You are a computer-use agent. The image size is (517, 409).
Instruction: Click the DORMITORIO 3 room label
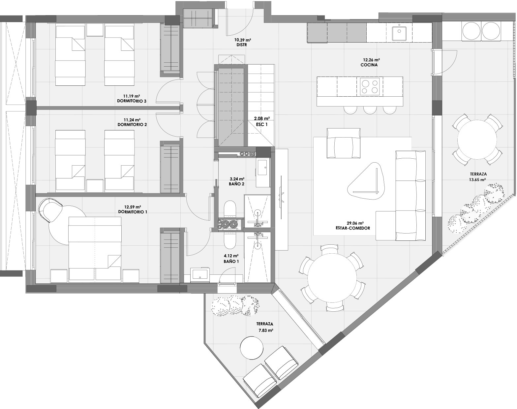132,101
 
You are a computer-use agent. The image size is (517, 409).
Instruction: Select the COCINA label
369,65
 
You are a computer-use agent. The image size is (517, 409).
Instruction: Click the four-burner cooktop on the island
370,86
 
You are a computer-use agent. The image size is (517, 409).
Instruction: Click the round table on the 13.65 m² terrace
477,140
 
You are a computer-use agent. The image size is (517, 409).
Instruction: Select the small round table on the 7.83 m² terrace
252,348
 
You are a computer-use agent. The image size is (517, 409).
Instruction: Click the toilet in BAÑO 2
229,210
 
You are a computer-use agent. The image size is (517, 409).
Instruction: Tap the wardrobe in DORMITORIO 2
169,167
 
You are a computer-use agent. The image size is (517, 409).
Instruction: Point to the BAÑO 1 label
231,261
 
